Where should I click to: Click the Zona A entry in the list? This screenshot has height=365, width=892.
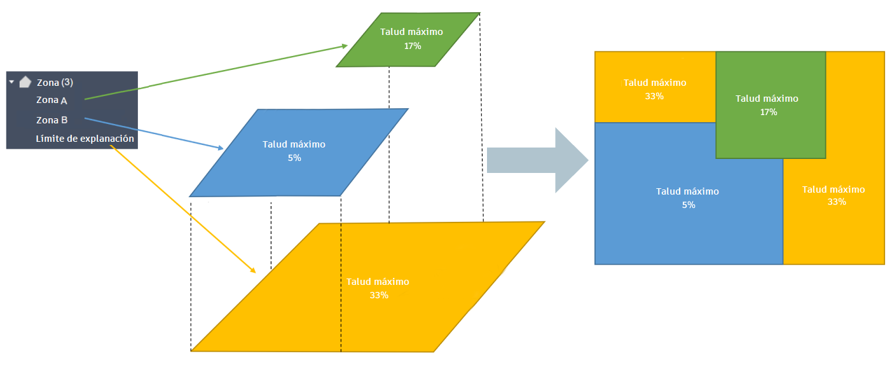51,100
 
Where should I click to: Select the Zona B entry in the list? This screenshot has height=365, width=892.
51,120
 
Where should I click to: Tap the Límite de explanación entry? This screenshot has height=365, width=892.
85,139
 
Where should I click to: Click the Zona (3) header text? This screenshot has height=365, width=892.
55,82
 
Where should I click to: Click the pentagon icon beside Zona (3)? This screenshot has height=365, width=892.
25,81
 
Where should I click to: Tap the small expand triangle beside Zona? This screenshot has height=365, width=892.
11,82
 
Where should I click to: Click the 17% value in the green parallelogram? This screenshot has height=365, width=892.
412,46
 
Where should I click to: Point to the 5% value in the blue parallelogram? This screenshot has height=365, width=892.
294,158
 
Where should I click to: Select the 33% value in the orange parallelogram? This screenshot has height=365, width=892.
378,295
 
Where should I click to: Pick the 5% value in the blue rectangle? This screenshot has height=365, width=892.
689,205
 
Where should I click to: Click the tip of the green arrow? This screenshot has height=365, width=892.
347,45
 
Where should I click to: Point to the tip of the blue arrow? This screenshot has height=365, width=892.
223,149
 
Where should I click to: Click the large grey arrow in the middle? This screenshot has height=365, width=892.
537,160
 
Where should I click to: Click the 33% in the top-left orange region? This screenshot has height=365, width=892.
654,96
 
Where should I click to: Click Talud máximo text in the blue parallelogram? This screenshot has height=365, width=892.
294,144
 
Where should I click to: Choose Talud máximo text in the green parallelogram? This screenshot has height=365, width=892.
411,32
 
